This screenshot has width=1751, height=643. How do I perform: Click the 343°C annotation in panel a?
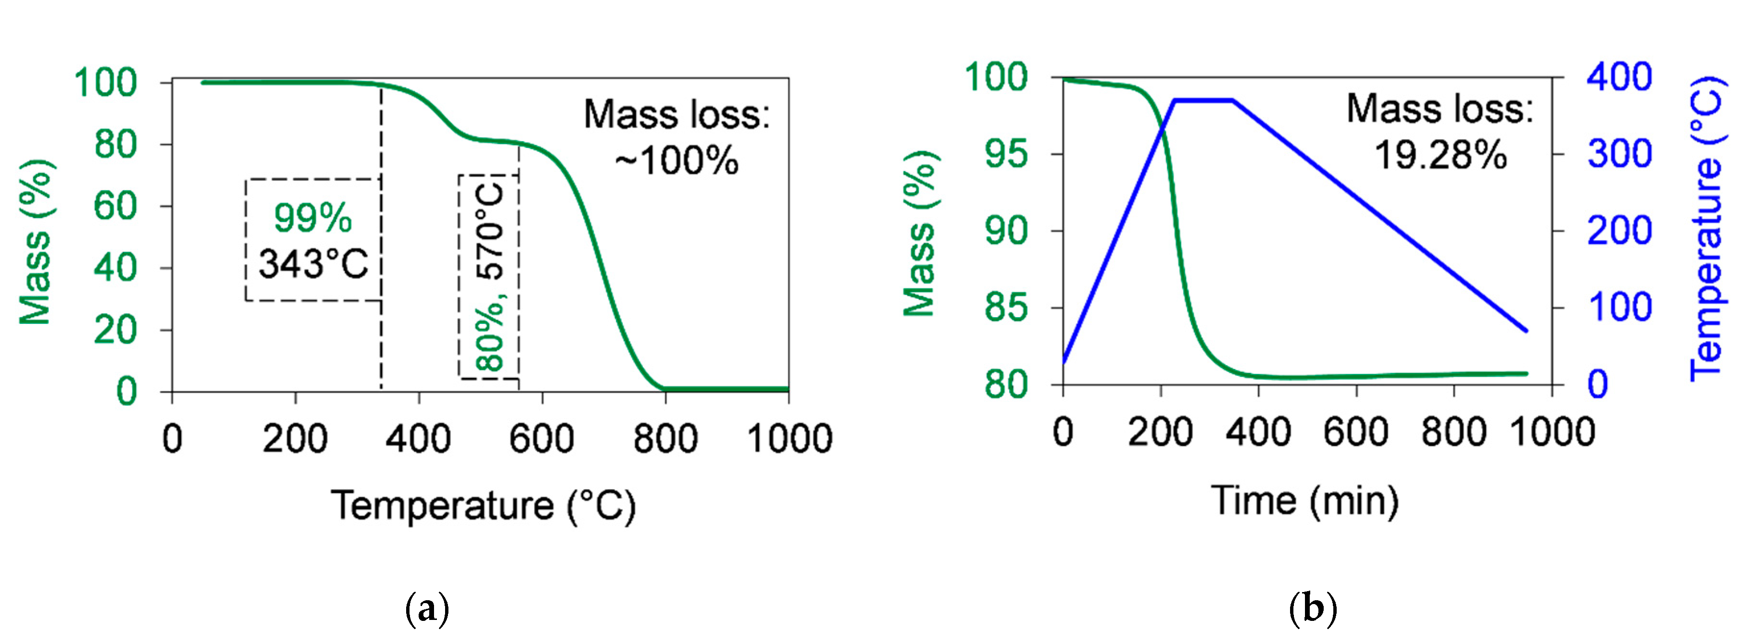[x=313, y=264]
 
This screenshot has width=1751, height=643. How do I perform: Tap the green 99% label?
[x=313, y=218]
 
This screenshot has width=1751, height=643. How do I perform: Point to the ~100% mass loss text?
[x=676, y=161]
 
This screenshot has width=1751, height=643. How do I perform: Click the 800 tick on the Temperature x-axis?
[x=666, y=438]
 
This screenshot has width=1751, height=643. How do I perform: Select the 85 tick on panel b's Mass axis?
[x=1006, y=308]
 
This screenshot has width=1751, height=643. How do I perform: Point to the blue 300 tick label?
[x=1620, y=154]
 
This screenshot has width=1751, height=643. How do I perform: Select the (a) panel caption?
[x=427, y=609]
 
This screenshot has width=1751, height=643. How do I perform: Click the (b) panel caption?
[x=1313, y=609]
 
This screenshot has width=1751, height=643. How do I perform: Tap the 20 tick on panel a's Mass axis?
[x=115, y=330]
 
